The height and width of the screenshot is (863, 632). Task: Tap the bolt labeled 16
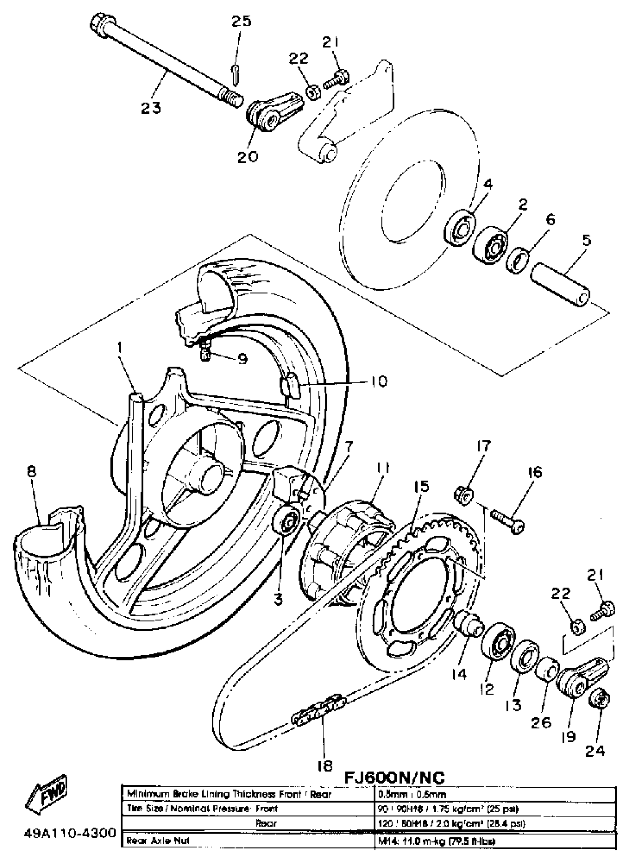point(508,521)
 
